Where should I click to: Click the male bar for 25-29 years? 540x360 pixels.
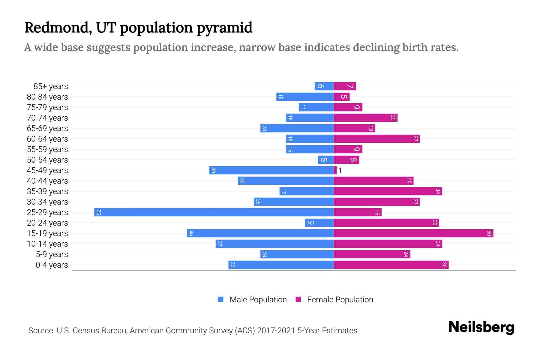tap(214, 212)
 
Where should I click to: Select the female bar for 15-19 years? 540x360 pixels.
tap(413, 233)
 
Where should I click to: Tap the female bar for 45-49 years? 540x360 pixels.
tap(335, 170)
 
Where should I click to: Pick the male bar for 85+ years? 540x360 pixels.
tap(324, 86)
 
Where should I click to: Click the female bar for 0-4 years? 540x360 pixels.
tap(391, 265)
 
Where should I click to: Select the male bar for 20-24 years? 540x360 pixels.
tap(319, 223)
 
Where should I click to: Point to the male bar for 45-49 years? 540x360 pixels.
tap(271, 170)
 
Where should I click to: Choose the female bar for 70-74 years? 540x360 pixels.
tap(365, 118)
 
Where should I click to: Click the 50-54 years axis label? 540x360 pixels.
tap(47, 160)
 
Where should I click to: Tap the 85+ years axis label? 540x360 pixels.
tap(51, 86)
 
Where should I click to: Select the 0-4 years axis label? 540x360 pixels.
tap(52, 265)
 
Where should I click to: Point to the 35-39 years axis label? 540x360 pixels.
tap(47, 191)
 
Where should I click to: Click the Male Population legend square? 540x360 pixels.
tap(221, 299)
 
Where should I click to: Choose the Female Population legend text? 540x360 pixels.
tap(340, 300)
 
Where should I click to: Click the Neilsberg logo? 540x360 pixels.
tap(481, 327)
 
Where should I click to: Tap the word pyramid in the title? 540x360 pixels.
tap(224, 28)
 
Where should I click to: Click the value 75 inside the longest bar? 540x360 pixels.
tap(98, 212)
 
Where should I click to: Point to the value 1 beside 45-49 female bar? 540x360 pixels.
tap(340, 170)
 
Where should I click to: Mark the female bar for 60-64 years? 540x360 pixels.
tap(376, 139)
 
